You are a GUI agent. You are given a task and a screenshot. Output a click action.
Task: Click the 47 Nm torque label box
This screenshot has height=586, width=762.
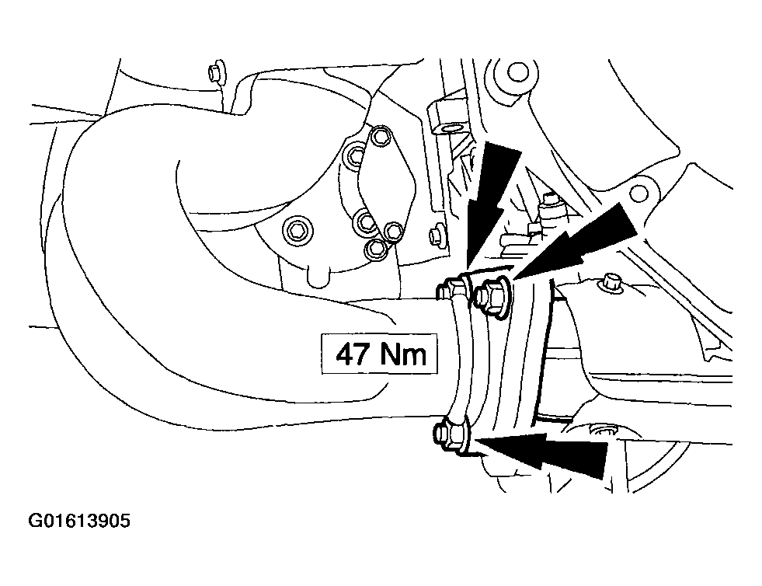coord(379,354)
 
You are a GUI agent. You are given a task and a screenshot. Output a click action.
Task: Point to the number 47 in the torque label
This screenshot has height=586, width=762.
coord(353,354)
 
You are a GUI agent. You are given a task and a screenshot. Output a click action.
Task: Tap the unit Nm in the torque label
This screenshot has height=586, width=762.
coord(403,354)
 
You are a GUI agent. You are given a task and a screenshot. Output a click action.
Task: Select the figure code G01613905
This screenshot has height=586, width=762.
coord(80,521)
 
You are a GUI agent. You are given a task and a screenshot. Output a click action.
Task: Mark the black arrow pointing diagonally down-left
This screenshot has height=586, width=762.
coord(573,242)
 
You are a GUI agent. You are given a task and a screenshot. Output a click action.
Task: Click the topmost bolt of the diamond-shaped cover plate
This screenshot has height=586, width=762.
coord(380,137)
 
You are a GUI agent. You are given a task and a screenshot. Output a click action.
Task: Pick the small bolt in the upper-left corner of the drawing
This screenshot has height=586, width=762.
coord(214,72)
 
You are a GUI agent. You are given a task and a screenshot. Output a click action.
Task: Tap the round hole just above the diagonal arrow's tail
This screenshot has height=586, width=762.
coord(638,194)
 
